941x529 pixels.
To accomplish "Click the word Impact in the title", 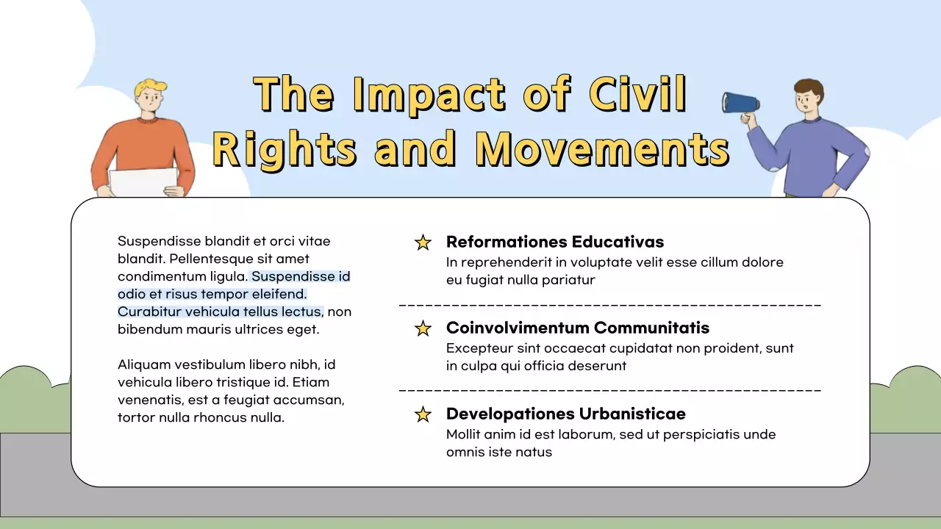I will point(429,95).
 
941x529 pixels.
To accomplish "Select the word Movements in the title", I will point(602,148).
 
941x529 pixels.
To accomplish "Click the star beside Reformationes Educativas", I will point(423,242).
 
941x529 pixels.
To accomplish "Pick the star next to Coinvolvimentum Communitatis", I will point(423,328).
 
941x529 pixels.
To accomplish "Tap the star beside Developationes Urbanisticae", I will point(423,414).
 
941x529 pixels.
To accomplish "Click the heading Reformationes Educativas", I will point(555,242).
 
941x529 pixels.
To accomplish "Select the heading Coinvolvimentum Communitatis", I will point(578,328).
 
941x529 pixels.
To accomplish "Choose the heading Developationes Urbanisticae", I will point(565,414).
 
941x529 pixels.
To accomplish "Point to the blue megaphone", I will point(740,103).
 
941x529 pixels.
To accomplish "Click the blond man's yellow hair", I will point(151,87).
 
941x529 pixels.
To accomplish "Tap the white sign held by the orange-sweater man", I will point(143,182).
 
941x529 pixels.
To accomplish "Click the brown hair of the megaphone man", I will point(809,87).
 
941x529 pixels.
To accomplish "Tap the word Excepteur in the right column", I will point(479,348).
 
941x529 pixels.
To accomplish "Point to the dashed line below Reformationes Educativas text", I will point(610,304).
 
